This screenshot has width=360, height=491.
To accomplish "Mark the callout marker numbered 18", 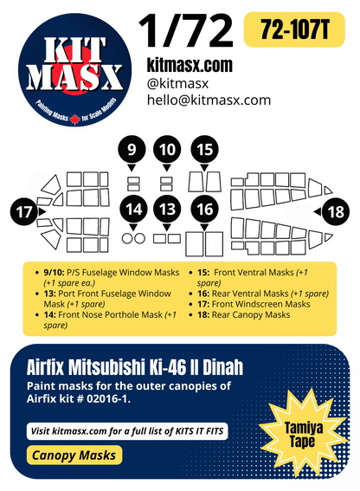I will tap(334, 211).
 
